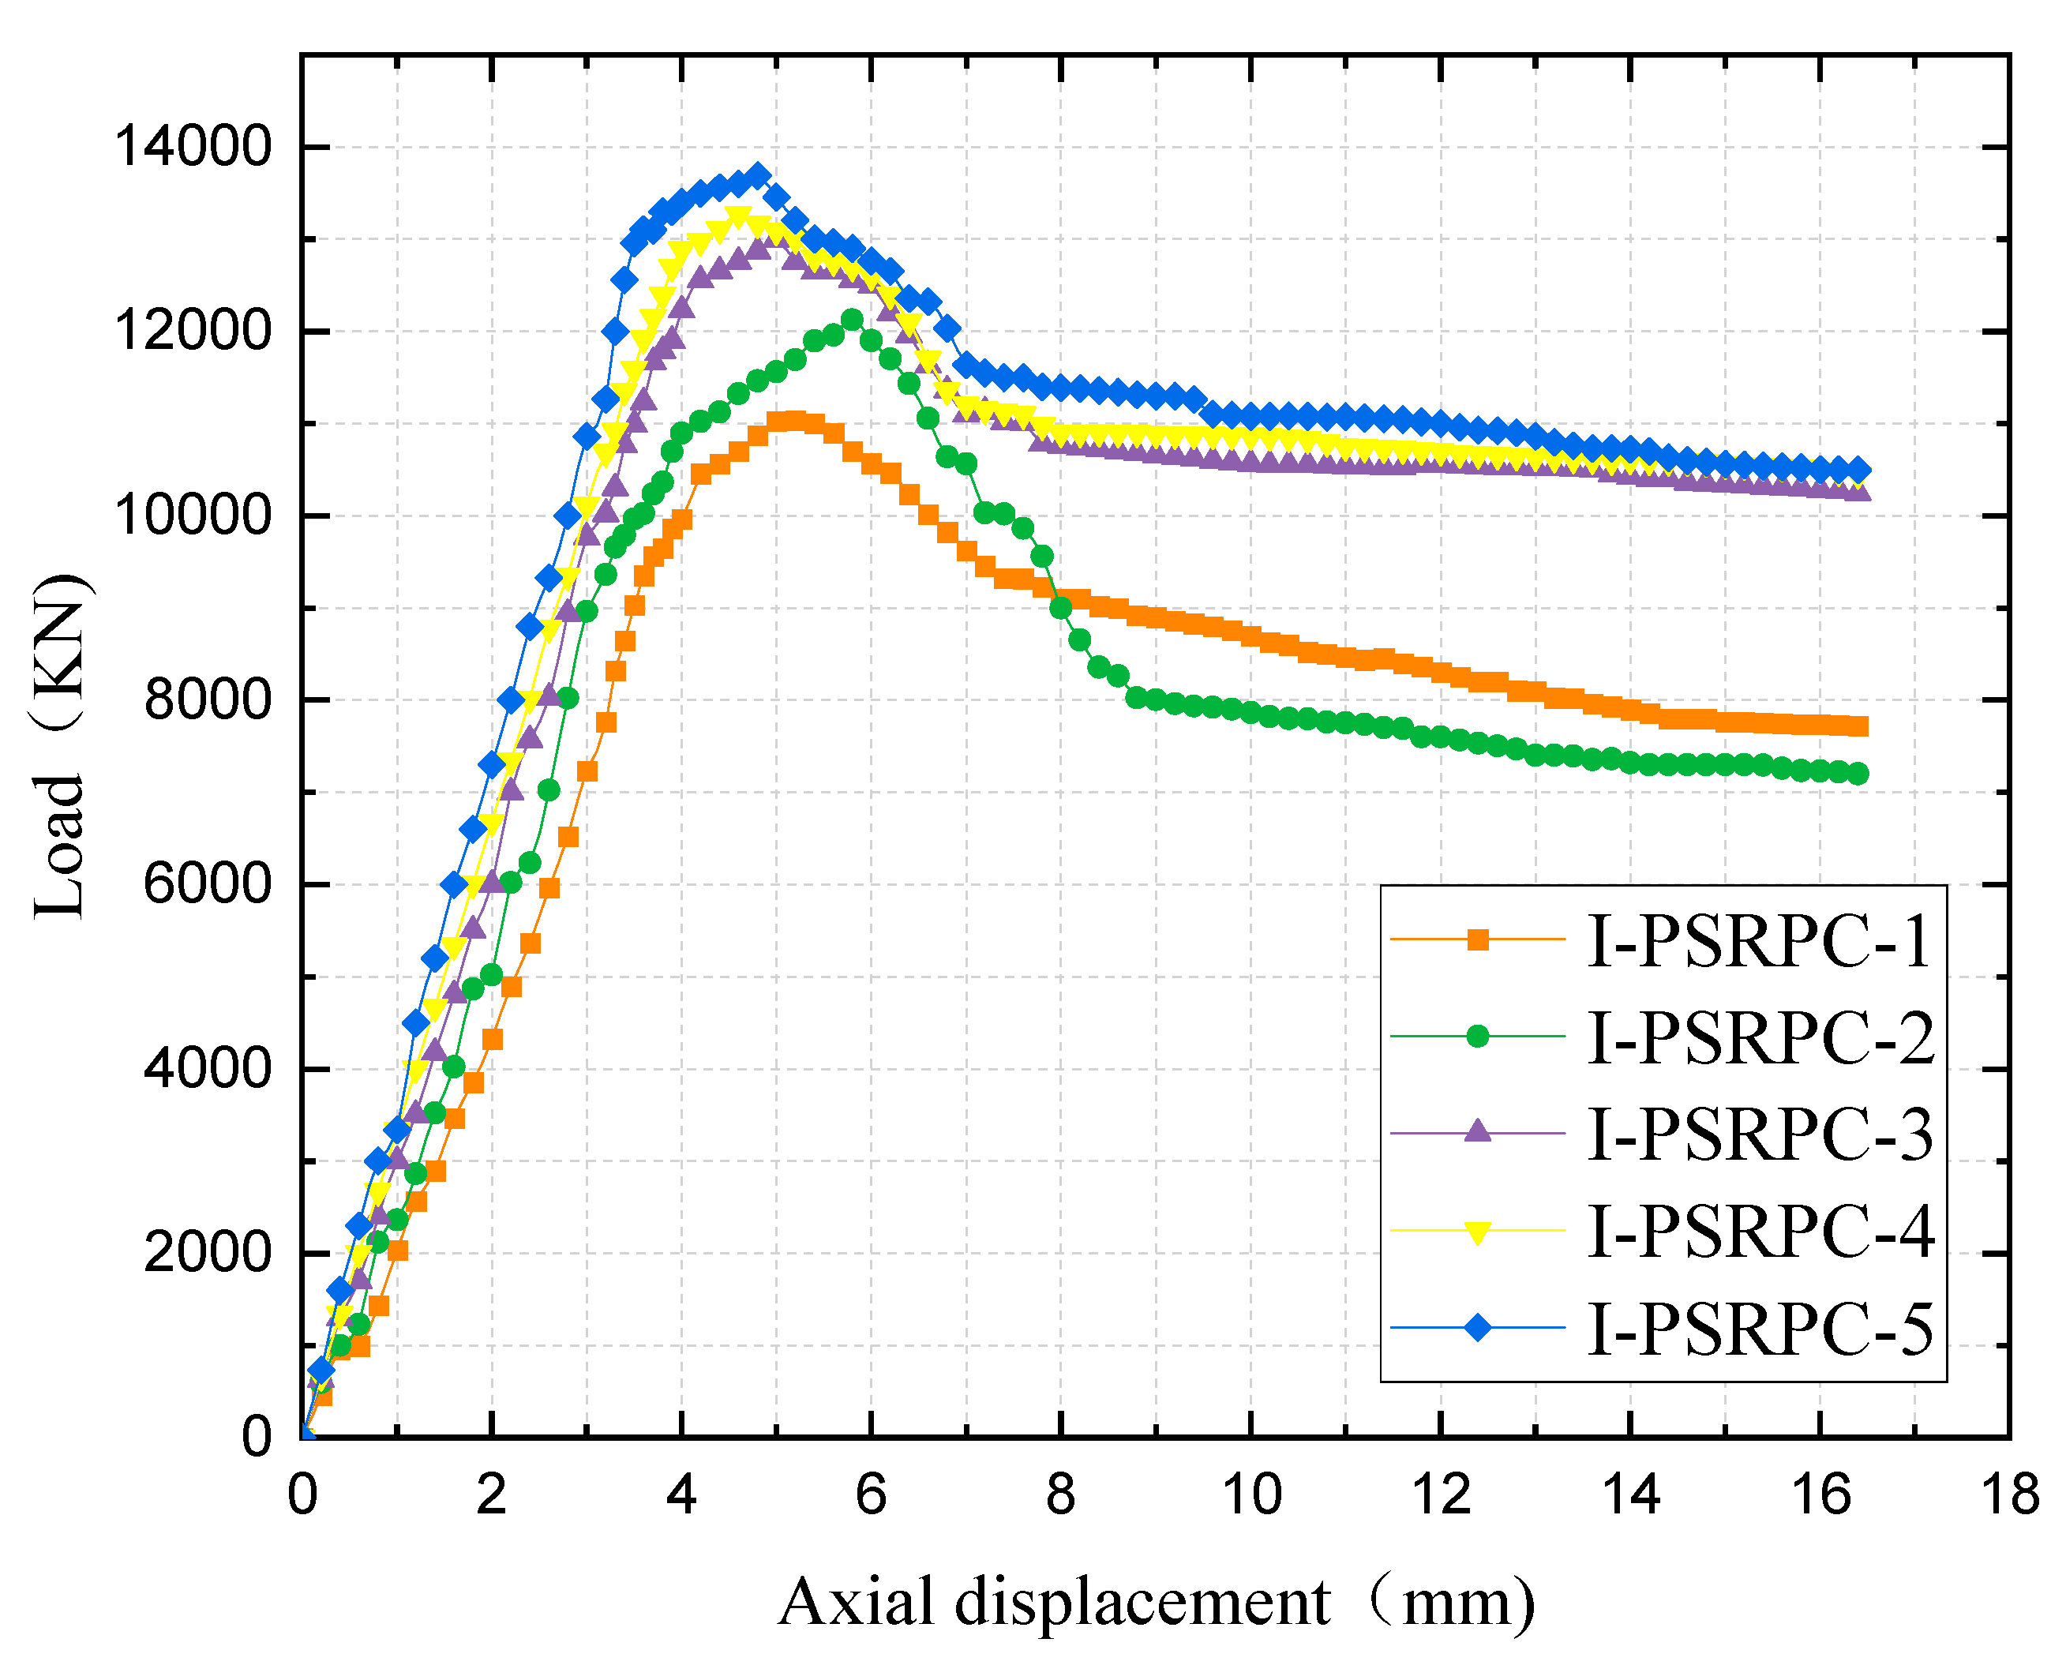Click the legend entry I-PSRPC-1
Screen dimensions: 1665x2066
1758,941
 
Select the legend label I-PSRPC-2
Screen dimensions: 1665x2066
1760,1037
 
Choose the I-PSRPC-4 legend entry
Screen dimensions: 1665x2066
1760,1231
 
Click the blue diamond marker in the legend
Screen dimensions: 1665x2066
1478,1327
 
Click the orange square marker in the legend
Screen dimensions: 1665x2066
1478,940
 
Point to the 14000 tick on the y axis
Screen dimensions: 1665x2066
193,148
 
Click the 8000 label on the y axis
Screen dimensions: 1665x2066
207,700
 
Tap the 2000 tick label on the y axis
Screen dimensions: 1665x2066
207,1253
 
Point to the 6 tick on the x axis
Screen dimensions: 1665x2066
871,1495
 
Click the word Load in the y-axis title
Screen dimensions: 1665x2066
59,848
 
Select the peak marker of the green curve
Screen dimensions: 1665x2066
852,320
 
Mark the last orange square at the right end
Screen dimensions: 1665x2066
1858,726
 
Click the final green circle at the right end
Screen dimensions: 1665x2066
1858,774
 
